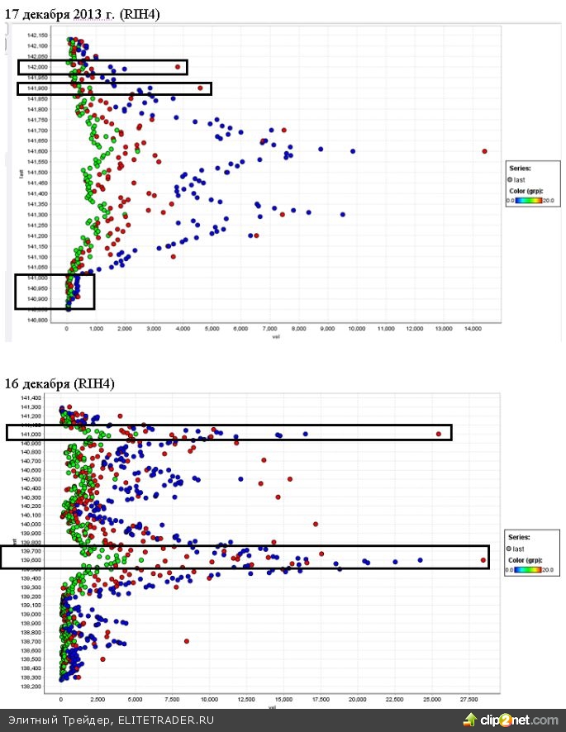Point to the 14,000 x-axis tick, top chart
click(472, 329)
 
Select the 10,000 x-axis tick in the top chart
click(356, 329)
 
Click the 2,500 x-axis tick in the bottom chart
click(98, 699)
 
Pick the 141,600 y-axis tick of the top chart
click(37, 151)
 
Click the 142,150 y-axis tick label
click(37, 36)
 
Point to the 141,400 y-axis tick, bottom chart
click(31, 397)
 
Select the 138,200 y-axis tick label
click(31, 687)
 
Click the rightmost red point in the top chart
click(485, 151)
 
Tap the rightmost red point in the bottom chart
click(483, 560)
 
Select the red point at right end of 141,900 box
click(201, 88)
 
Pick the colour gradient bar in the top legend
click(528, 200)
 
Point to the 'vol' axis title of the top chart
click(284, 336)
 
